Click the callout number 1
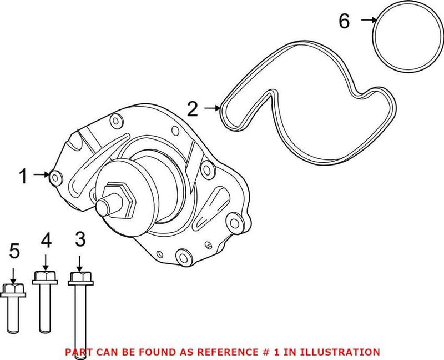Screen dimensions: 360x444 click(x=23, y=177)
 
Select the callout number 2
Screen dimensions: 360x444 click(x=192, y=108)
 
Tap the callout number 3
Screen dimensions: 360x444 click(x=80, y=240)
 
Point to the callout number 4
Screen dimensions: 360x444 click(x=46, y=240)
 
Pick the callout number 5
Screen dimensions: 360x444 click(x=14, y=251)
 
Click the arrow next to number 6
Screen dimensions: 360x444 click(x=368, y=21)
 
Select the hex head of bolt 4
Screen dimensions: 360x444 click(x=45, y=277)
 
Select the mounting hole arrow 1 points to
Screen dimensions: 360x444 click(x=56, y=177)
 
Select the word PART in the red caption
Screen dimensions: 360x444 click(x=78, y=352)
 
